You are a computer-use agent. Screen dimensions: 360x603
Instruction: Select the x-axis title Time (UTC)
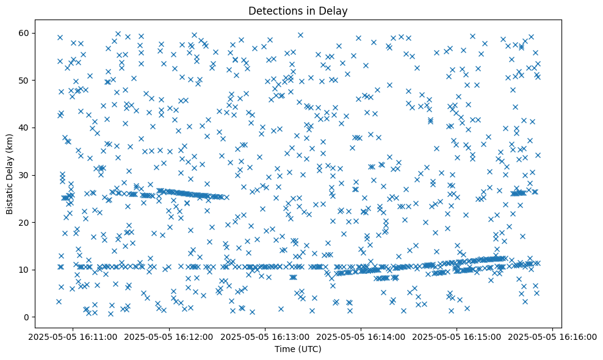point(298,349)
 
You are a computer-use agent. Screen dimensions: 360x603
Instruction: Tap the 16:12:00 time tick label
point(171,336)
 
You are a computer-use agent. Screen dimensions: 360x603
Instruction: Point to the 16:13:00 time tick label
point(266,336)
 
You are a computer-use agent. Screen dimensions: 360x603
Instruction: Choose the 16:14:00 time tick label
point(361,336)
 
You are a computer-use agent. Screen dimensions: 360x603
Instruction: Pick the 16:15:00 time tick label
point(457,336)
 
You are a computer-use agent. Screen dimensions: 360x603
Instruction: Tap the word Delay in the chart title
point(338,10)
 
